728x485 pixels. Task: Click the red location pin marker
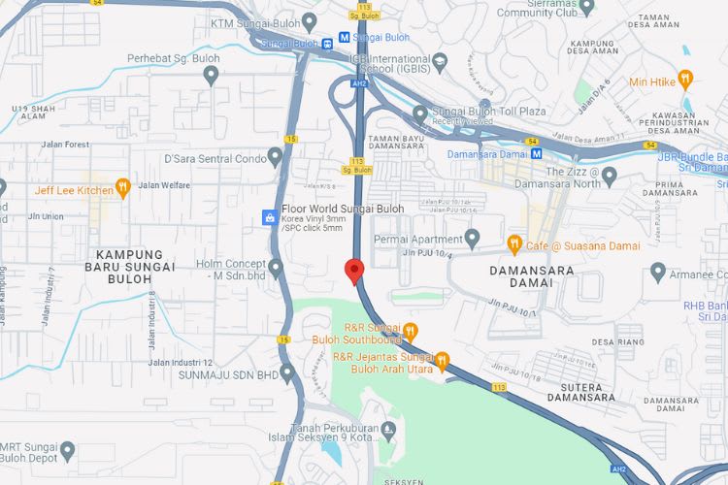(x=354, y=271)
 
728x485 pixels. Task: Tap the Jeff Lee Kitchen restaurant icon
(x=122, y=187)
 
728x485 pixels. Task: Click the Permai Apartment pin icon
(x=473, y=238)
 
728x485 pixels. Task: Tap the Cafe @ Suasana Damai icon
(x=514, y=244)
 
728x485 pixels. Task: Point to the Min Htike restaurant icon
(x=686, y=80)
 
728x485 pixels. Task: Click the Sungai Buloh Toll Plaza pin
(x=420, y=113)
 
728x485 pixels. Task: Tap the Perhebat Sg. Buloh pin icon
(x=211, y=74)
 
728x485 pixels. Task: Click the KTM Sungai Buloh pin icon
(x=310, y=20)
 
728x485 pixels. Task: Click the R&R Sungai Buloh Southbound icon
(x=411, y=331)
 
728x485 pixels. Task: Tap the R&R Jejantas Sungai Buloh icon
(x=443, y=361)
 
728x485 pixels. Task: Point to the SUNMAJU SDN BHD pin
(x=287, y=372)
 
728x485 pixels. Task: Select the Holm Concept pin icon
(x=276, y=267)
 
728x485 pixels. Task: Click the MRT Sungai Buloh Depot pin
(x=67, y=450)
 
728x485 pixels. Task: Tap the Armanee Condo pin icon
(x=658, y=273)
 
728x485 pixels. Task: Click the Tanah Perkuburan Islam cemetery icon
(x=390, y=429)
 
